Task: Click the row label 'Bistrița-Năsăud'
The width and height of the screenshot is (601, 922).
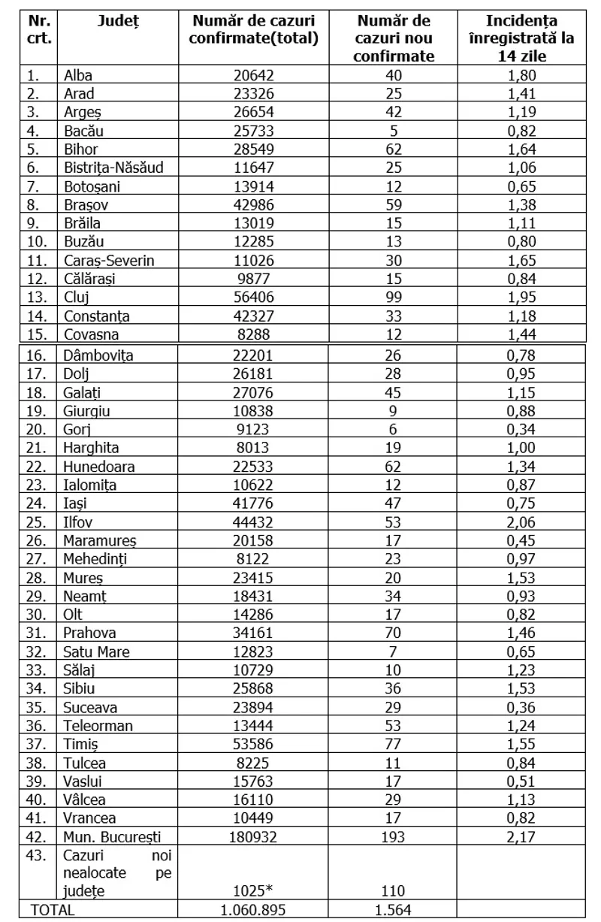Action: pyautogui.click(x=113, y=167)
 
